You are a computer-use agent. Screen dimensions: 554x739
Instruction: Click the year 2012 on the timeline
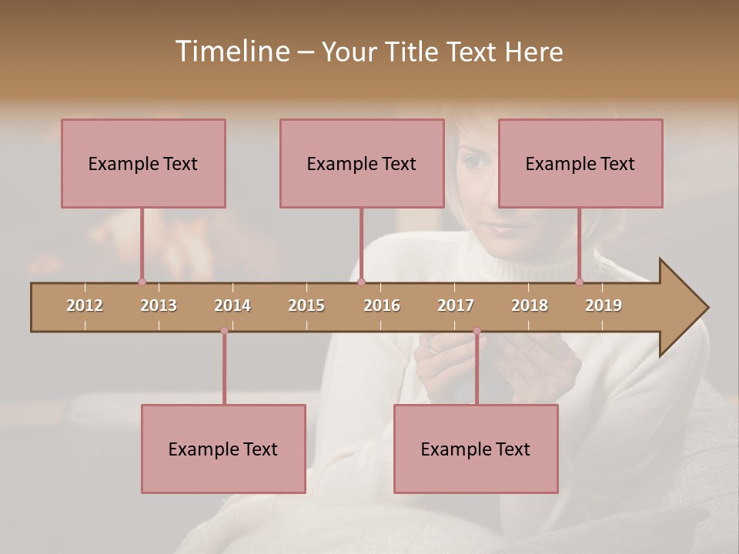pyautogui.click(x=85, y=305)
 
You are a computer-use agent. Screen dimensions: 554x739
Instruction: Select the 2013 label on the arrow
pyautogui.click(x=159, y=305)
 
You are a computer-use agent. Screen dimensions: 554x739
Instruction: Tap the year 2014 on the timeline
pyautogui.click(x=232, y=305)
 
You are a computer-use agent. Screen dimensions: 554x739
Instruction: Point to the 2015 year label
pyautogui.click(x=306, y=305)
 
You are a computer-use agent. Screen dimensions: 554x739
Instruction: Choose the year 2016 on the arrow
pyautogui.click(x=382, y=305)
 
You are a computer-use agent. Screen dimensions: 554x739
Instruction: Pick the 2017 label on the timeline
pyautogui.click(x=456, y=305)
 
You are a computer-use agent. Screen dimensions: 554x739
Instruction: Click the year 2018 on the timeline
pyautogui.click(x=530, y=305)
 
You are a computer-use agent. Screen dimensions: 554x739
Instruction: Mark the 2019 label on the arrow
pyautogui.click(x=604, y=305)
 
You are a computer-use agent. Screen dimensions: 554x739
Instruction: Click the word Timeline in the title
pyautogui.click(x=232, y=52)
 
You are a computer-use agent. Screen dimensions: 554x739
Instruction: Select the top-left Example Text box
pyautogui.click(x=143, y=163)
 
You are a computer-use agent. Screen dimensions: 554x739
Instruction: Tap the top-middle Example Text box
pyautogui.click(x=362, y=163)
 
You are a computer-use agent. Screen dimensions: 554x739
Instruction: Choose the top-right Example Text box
pyautogui.click(x=580, y=163)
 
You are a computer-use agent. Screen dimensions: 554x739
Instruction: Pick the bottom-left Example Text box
pyautogui.click(x=223, y=449)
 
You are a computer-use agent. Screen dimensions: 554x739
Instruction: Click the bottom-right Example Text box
pyautogui.click(x=476, y=449)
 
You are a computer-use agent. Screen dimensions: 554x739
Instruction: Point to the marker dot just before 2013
pyautogui.click(x=142, y=282)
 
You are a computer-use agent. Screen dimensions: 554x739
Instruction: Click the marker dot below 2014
pyautogui.click(x=224, y=332)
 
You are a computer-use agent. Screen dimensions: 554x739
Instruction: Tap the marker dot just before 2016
pyautogui.click(x=362, y=282)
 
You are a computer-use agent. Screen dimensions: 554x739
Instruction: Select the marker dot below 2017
pyautogui.click(x=477, y=332)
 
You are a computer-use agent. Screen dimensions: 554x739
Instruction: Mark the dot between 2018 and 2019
pyautogui.click(x=580, y=282)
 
